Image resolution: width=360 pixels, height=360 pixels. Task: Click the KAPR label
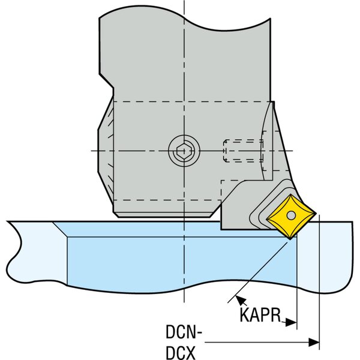260,315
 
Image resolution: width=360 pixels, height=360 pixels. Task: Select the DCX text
181,353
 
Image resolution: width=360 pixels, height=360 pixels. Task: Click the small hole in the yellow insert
291,215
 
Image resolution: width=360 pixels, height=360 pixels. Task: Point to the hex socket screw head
184,151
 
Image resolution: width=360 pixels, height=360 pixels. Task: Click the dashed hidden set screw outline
243,151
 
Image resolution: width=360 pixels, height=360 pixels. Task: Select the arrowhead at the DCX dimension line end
313,343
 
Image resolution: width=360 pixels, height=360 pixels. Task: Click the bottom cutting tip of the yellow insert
290,239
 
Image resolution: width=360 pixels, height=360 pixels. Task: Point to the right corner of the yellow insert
316,213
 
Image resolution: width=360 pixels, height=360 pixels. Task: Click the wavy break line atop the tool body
185,20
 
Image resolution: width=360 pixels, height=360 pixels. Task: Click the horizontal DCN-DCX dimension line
262,343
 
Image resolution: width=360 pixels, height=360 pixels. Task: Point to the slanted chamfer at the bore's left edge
61,230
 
